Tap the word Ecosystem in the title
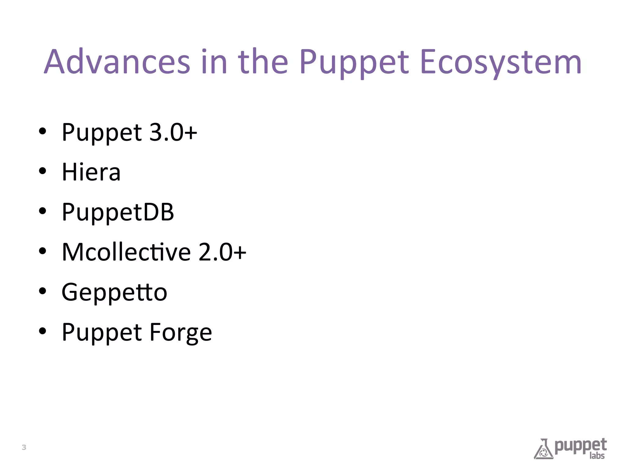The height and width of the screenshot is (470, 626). (x=501, y=63)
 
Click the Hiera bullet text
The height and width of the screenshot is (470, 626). (x=91, y=172)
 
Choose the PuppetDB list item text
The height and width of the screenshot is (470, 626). (x=118, y=212)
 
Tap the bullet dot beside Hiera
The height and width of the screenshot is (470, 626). (x=42, y=171)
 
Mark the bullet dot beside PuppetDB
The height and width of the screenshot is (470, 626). (x=42, y=211)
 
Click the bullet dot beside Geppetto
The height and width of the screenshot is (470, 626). (x=42, y=291)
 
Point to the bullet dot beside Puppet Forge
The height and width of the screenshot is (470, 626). (x=42, y=331)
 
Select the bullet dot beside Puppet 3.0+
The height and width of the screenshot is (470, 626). (x=42, y=131)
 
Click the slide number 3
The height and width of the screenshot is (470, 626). (x=24, y=447)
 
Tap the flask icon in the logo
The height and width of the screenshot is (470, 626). (x=543, y=449)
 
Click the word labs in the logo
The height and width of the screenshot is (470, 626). (x=597, y=456)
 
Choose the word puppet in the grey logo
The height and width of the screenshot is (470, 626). (x=580, y=446)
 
